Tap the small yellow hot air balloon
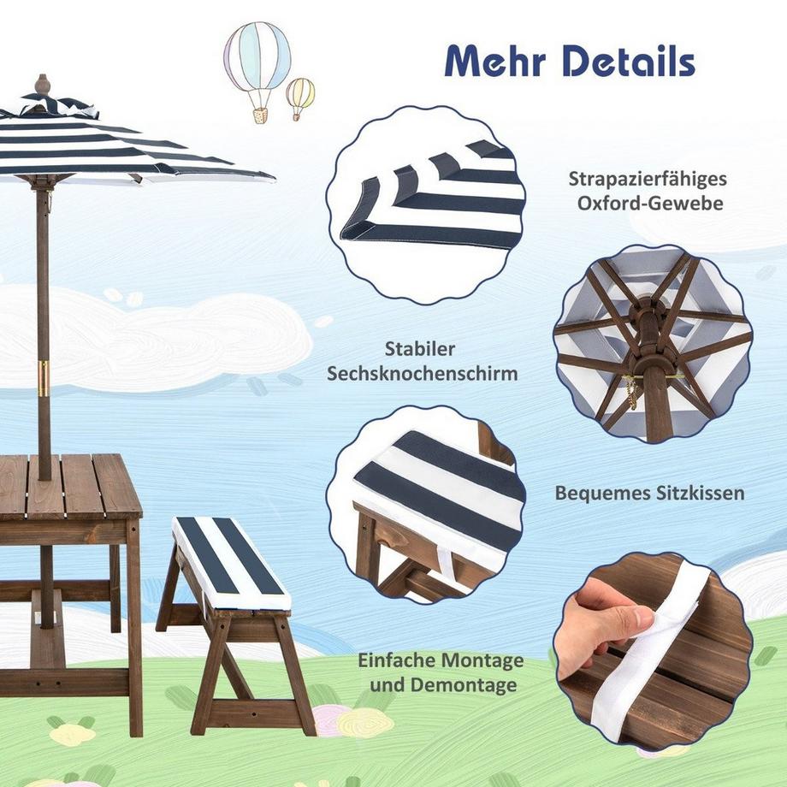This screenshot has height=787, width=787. pyautogui.click(x=300, y=94)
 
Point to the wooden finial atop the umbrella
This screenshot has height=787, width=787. pyautogui.click(x=42, y=86)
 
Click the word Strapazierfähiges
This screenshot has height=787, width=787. pyautogui.click(x=648, y=180)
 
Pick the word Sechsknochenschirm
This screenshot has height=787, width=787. pyautogui.click(x=451, y=374)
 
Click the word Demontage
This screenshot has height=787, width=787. pyautogui.click(x=463, y=685)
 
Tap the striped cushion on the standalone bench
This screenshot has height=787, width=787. pyautogui.click(x=231, y=560)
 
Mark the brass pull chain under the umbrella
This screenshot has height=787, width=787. pyautogui.click(x=632, y=393)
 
